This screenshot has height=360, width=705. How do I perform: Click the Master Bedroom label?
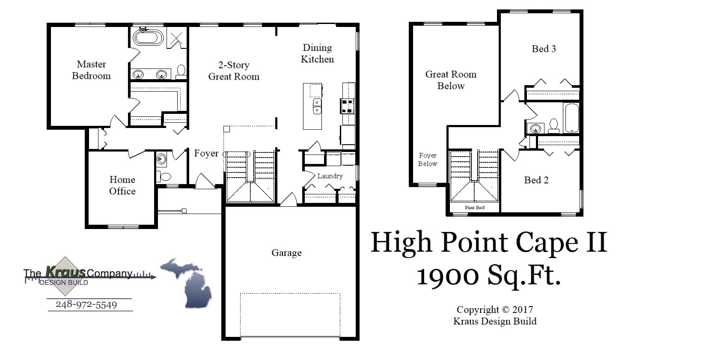point(91,70)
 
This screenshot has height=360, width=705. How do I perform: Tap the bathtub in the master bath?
point(148,38)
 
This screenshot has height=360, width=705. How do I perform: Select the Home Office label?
point(122,185)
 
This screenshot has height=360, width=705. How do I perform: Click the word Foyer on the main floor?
point(206,153)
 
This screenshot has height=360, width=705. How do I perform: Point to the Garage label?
point(286,253)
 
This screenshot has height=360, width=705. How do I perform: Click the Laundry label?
point(330,176)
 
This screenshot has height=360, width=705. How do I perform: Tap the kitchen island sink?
point(317,106)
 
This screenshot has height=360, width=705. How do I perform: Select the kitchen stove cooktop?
point(347,106)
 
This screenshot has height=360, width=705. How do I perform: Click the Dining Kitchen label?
point(317,54)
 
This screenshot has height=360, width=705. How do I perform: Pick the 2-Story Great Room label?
point(234,71)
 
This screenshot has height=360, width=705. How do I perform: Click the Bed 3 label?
point(544,49)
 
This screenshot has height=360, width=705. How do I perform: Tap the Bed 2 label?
point(536,180)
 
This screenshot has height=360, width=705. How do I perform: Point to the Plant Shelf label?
point(475,208)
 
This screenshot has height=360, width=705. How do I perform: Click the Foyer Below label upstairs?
point(428,159)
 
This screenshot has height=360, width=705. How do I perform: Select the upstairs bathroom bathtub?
point(571,118)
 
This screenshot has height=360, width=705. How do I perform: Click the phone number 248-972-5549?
point(86,305)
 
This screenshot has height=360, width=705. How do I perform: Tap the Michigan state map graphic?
point(189,283)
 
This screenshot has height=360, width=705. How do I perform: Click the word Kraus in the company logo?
point(65,271)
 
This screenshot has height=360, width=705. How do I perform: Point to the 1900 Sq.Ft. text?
point(488,275)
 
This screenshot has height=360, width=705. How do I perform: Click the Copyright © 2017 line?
point(494,309)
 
